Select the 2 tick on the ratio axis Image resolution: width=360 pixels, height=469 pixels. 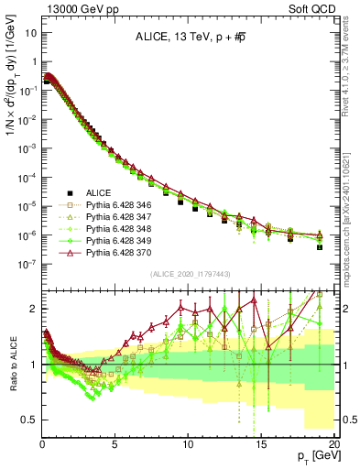pos(32,309)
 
